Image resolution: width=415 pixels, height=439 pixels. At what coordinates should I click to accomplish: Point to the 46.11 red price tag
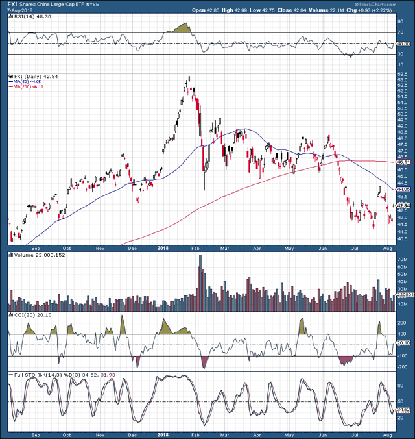point(402,162)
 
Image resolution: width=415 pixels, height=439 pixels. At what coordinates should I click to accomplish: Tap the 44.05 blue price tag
point(402,189)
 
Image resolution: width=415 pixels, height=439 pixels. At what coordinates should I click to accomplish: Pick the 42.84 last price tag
point(402,205)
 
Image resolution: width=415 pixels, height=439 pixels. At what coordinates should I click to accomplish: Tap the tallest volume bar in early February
point(200,279)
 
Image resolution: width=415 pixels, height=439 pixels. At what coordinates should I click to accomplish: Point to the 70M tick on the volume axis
point(401,260)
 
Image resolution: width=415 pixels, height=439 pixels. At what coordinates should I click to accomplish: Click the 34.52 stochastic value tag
point(402,409)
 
